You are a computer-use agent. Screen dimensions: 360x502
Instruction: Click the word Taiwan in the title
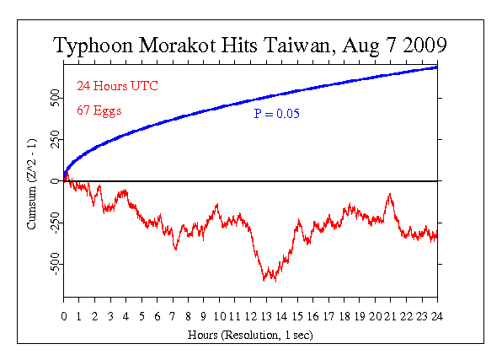286,46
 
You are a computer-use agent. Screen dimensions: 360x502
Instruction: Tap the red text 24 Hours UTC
117,87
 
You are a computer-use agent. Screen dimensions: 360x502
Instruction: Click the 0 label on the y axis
56,180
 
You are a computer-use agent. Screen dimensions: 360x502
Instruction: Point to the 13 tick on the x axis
266,316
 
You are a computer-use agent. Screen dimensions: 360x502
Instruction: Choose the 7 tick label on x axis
173,316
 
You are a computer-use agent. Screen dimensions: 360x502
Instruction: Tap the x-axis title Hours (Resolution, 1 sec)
250,332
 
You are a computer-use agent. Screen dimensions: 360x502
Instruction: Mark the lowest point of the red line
264,281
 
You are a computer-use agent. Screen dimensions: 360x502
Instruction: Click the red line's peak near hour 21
389,194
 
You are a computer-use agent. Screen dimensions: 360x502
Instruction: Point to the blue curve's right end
436,67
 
